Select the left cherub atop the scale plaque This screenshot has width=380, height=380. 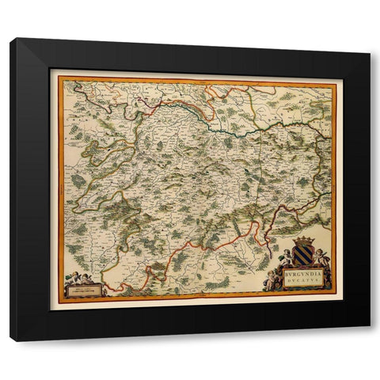coord(74,276)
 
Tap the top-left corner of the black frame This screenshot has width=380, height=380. coord(11,40)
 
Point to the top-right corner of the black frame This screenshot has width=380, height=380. coord(369,40)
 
